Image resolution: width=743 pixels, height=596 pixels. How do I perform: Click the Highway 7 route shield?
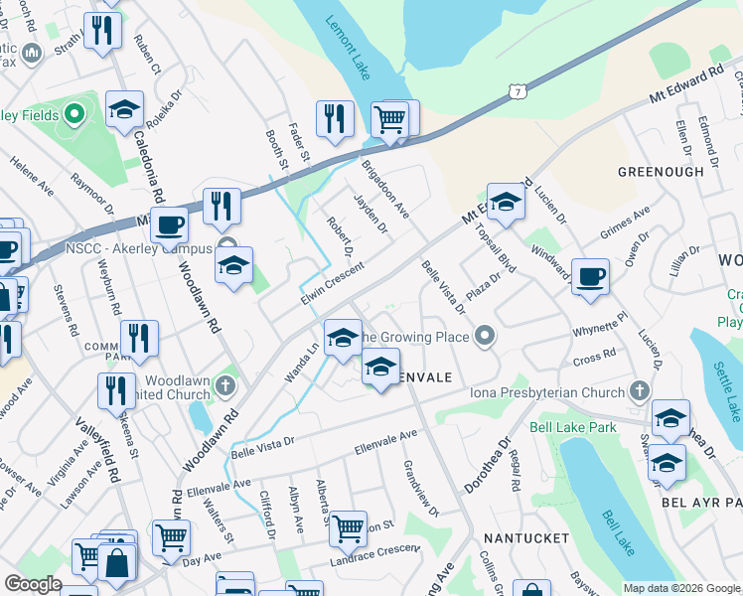pyautogui.click(x=515, y=91)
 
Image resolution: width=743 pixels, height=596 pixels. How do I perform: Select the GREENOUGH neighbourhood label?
pyautogui.click(x=661, y=172)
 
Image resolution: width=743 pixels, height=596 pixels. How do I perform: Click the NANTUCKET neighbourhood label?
pyautogui.click(x=526, y=537)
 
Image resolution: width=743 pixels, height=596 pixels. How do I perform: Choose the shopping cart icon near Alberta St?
pyautogui.click(x=348, y=528)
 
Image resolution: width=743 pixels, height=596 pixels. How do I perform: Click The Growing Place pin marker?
pyautogui.click(x=485, y=337)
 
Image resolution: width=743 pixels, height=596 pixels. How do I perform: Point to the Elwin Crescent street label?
pyautogui.click(x=333, y=283)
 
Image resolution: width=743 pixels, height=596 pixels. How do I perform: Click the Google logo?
pyautogui.click(x=34, y=584)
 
